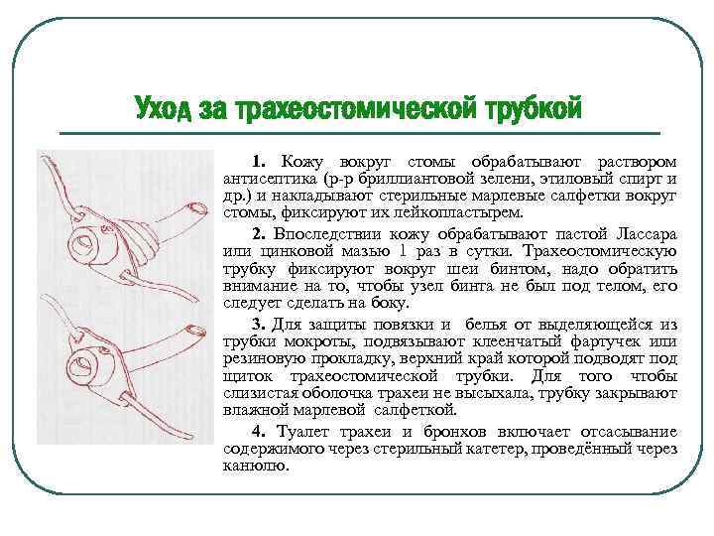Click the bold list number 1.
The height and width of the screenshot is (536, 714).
tap(259, 162)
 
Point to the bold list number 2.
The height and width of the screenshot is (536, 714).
tap(259, 234)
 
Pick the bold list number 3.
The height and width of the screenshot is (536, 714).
tap(259, 325)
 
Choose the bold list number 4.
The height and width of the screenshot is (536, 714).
tap(259, 431)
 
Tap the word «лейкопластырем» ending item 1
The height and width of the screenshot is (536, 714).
tap(458, 212)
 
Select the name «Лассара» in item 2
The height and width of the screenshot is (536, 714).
tap(647, 234)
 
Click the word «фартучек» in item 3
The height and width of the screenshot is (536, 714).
tap(606, 341)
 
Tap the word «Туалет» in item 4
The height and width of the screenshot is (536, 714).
tap(303, 431)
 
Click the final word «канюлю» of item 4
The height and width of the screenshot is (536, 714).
tap(256, 466)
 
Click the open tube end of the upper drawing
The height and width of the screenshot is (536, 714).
tap(196, 209)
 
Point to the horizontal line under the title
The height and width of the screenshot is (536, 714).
tap(360, 134)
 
